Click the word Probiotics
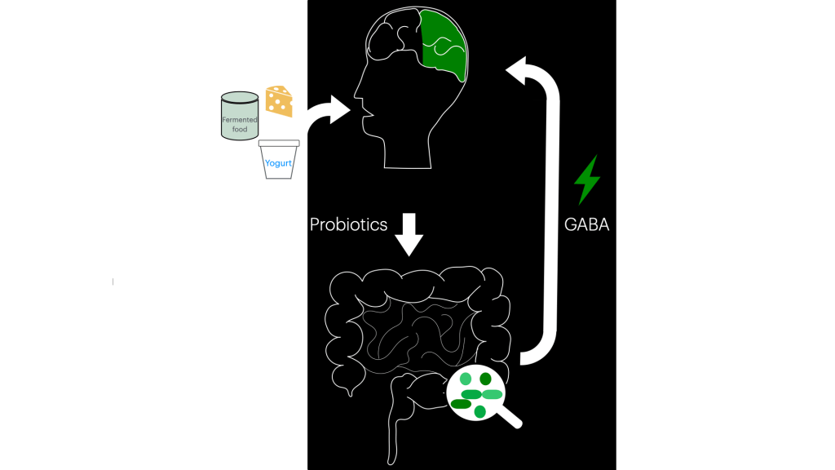(348, 224)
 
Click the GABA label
(586, 224)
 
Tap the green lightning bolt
(586, 180)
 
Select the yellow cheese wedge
(279, 101)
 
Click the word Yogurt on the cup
(278, 163)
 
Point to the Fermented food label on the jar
(240, 124)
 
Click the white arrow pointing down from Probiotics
(409, 234)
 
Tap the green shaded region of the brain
(444, 45)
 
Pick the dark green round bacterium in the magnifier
(486, 379)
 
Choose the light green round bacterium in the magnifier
(466, 379)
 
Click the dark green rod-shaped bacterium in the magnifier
(461, 404)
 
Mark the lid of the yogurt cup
(281, 144)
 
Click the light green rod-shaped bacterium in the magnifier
(492, 394)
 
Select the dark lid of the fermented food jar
(240, 97)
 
